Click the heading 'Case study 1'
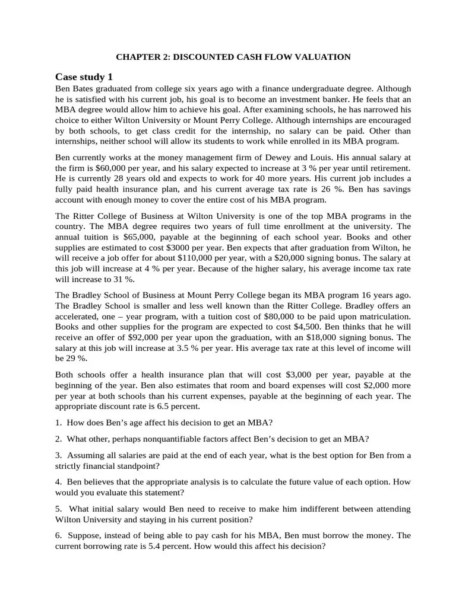coord(84,77)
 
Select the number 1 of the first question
coord(58,423)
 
